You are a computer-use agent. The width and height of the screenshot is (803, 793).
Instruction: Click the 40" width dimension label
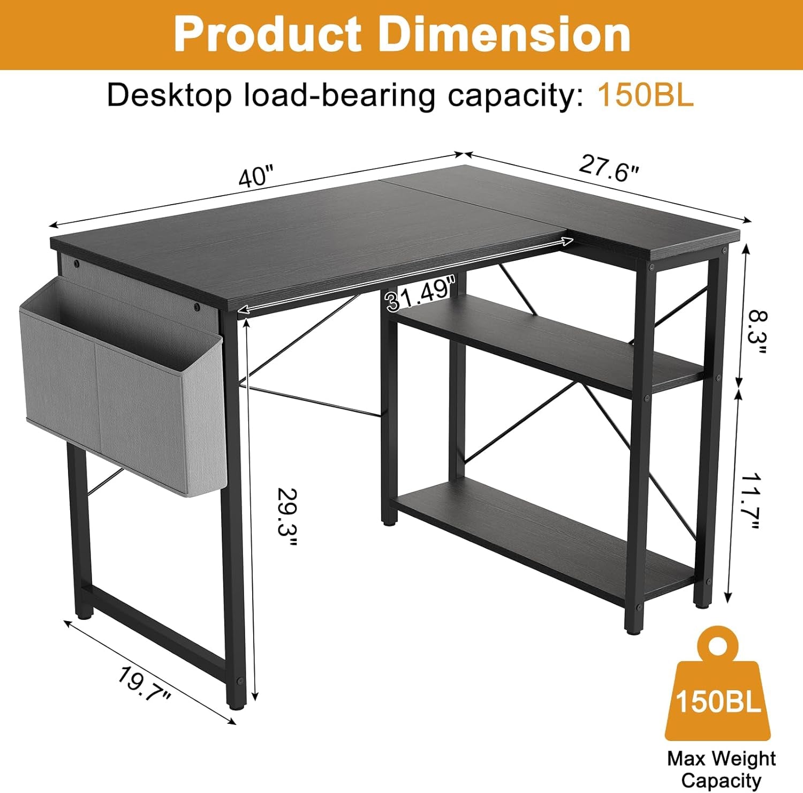tap(256, 177)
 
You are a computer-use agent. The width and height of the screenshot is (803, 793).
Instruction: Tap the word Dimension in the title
tap(504, 34)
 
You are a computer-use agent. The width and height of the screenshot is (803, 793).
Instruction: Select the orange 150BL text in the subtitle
tap(645, 95)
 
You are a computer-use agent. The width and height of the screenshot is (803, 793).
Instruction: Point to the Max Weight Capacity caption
tap(721, 769)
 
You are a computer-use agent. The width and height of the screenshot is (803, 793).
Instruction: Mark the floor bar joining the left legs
tap(155, 627)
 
